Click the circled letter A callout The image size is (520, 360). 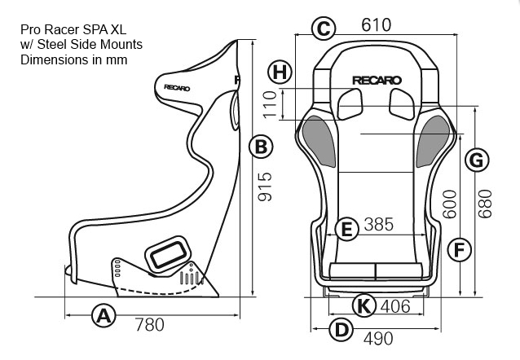[104, 315]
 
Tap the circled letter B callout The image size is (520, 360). [261, 146]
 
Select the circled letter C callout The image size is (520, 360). [324, 29]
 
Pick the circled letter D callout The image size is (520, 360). [342, 330]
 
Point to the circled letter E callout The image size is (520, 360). [346, 229]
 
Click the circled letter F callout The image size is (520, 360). [460, 250]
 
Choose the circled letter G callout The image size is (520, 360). [477, 160]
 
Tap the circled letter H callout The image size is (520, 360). [280, 72]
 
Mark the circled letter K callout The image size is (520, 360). [364, 305]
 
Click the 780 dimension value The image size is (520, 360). [150, 325]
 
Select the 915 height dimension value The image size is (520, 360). [265, 187]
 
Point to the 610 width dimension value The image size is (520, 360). [377, 25]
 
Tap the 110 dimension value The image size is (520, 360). [270, 104]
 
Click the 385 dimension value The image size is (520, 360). [379, 225]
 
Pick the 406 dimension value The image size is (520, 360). [395, 306]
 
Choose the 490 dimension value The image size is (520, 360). [378, 339]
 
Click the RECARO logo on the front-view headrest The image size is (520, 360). [377, 80]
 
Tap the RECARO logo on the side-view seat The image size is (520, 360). [177, 88]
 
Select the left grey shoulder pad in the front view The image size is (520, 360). [319, 141]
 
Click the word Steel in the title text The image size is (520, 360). [51, 45]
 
